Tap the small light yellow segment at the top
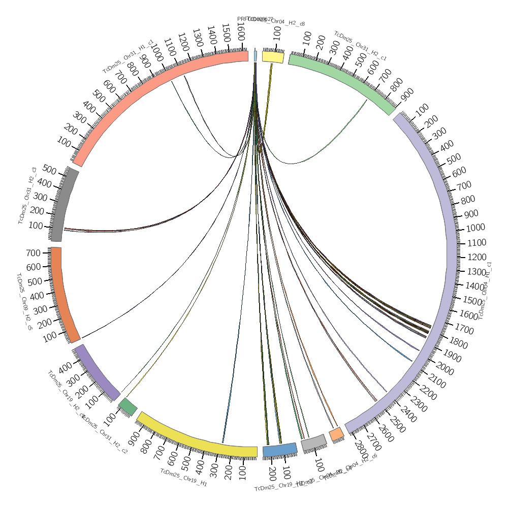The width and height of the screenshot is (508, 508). [x=273, y=57]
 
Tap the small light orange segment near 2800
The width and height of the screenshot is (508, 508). [x=336, y=434]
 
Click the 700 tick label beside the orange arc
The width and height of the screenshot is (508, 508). [x=34, y=253]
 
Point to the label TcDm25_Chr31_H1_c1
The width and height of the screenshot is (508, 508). [x=128, y=56]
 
